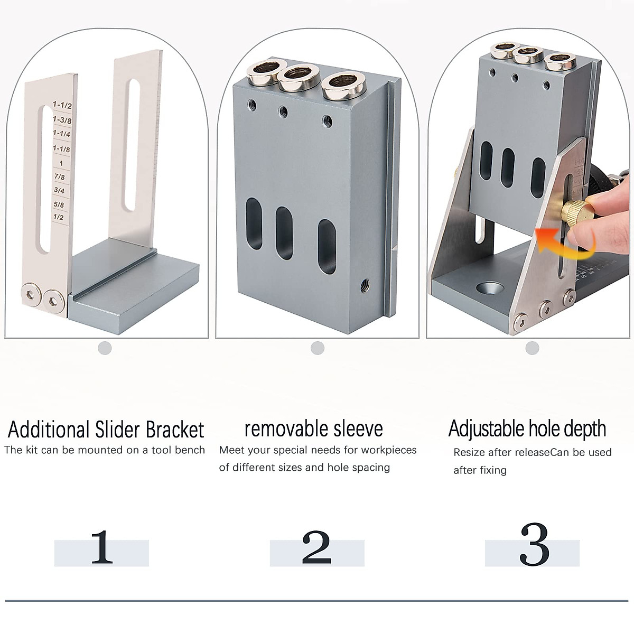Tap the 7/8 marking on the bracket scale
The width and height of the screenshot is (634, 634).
tap(59, 177)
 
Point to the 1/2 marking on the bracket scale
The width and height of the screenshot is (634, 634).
tap(58, 217)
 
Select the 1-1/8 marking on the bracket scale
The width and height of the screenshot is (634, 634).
tap(61, 149)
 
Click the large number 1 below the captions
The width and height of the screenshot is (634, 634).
tap(101, 548)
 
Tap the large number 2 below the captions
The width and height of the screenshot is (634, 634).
tap(316, 548)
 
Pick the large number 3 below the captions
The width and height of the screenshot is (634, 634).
tap(534, 546)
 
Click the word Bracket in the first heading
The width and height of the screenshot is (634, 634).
tap(175, 430)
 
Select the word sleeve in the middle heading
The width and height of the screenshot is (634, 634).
tap(354, 428)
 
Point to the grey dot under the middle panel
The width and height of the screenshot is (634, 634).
tap(318, 348)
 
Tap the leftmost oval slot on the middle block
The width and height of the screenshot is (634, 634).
tap(254, 224)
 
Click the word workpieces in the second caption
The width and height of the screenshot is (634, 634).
tap(389, 451)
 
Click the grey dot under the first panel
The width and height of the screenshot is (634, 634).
tap(105, 348)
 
